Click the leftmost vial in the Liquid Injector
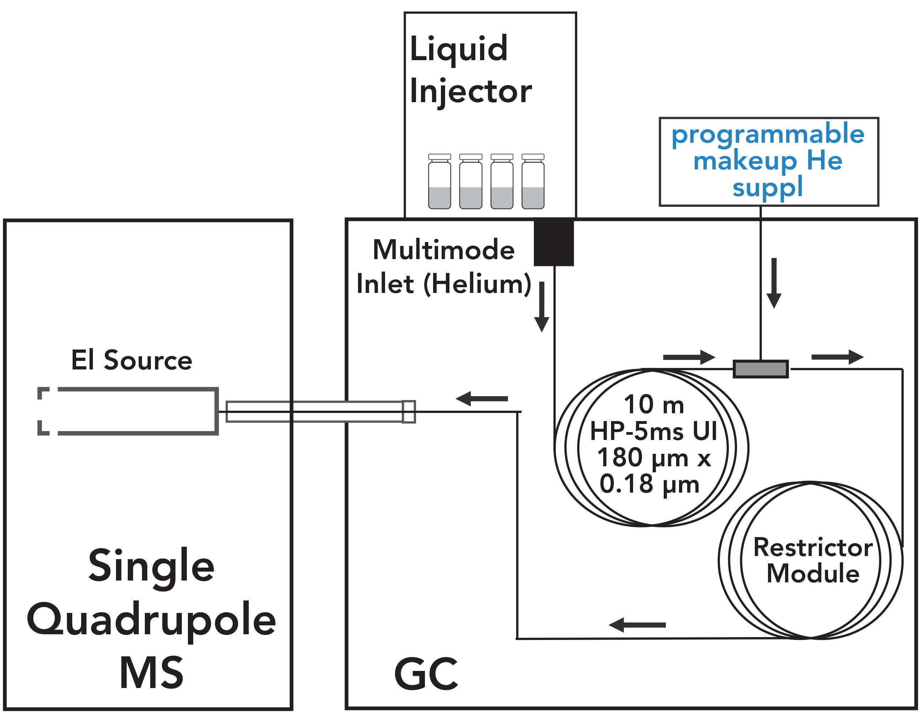point(440,182)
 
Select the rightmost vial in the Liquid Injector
point(533,182)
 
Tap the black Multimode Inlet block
point(554,242)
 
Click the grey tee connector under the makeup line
point(761,369)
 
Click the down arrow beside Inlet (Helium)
point(542,307)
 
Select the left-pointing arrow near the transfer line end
point(481,398)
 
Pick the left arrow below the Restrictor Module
point(637,625)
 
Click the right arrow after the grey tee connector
point(837,357)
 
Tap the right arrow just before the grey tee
point(689,357)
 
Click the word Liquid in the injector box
point(458,49)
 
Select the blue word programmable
point(768,134)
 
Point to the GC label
point(426,674)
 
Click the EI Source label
point(131,361)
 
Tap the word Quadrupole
point(151,621)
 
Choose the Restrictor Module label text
point(812,561)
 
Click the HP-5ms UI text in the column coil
point(653,431)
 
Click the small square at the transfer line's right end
point(409,411)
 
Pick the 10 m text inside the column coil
point(654,404)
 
